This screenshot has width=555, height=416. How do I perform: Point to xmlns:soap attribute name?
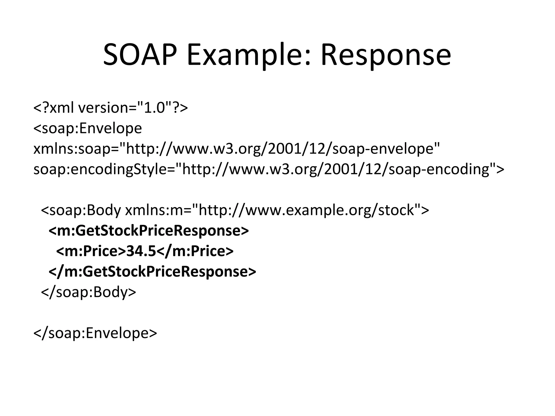point(72,149)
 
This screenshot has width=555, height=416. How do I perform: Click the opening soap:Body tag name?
point(81,210)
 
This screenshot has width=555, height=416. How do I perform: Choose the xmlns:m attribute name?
point(154,210)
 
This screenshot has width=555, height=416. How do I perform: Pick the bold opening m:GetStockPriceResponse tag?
point(149,231)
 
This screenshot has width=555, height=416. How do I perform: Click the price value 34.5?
point(141,251)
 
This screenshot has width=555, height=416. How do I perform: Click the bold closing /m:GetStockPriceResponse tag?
point(152,272)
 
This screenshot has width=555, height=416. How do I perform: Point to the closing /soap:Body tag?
point(88,292)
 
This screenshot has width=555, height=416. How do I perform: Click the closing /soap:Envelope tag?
point(95,333)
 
